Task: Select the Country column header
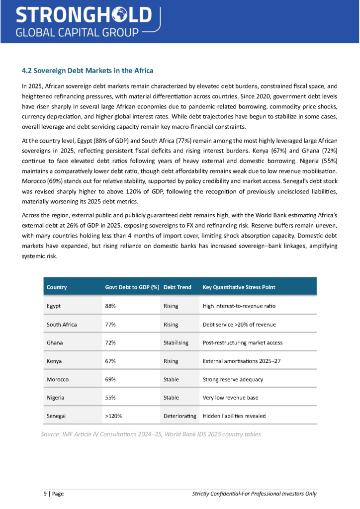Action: coord(57,287)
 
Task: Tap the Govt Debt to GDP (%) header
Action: coord(132,287)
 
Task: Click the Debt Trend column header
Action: coord(177,287)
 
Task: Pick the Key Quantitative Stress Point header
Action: coord(239,287)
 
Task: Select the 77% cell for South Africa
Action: coord(110,325)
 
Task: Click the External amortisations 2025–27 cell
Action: coord(242,361)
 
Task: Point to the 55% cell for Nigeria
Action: coord(110,398)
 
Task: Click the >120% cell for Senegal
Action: coord(113,416)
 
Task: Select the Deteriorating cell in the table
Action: coord(180,416)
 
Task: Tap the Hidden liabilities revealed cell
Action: coord(234,416)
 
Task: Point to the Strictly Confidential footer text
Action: coord(254,494)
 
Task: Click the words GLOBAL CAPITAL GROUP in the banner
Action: coord(77,33)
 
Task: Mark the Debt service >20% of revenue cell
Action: coord(239,325)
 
